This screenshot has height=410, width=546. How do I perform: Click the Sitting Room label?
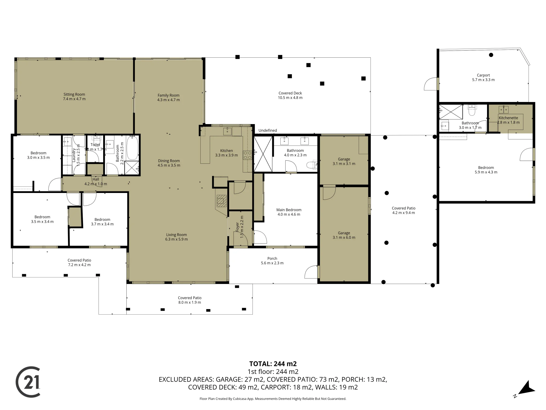point(74,94)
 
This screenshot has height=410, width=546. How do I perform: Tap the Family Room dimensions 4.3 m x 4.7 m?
point(168,100)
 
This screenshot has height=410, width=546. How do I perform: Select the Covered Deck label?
point(290,93)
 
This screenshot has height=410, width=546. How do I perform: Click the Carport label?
point(483,75)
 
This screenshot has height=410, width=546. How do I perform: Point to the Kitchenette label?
point(508,118)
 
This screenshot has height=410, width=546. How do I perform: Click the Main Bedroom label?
point(289,210)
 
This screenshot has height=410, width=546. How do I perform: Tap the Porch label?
point(272,258)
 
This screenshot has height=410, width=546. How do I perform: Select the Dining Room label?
point(169,161)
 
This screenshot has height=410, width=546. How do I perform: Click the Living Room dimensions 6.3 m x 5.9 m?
point(176,239)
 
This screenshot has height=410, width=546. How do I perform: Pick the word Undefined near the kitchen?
point(268,130)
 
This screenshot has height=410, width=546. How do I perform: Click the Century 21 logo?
point(28,382)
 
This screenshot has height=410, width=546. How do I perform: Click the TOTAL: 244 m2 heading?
point(273,364)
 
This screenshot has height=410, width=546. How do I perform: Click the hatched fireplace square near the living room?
point(222,201)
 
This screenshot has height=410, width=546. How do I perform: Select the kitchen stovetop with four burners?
point(248,155)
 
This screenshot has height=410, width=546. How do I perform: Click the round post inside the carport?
point(491,55)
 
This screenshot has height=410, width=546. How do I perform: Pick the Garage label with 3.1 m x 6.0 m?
point(344,233)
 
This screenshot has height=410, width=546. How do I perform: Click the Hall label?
point(96,179)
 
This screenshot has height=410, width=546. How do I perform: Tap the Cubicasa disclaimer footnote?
point(273,399)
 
